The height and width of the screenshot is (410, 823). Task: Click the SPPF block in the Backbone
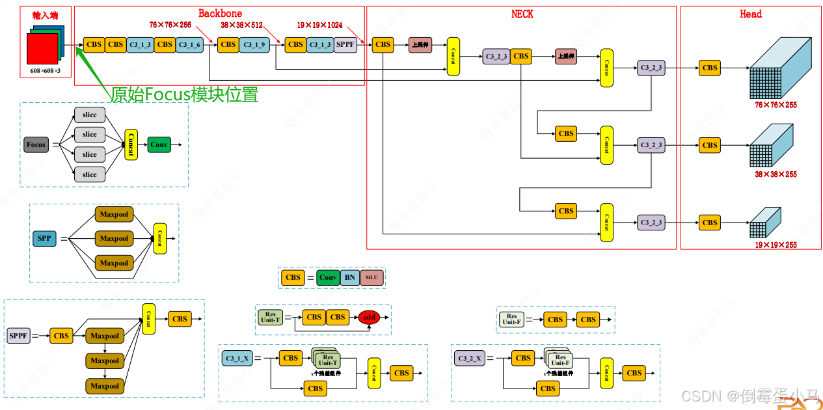[x=346, y=44]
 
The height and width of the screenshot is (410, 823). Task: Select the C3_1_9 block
[x=254, y=44]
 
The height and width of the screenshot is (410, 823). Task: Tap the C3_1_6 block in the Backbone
[x=190, y=44]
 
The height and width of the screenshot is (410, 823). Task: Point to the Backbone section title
[x=220, y=13]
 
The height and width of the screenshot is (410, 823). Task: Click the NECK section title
[x=522, y=14]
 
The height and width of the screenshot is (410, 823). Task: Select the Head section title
[x=750, y=14]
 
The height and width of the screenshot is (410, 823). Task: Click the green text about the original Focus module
[x=184, y=95]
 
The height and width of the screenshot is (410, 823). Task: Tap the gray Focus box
[x=36, y=144]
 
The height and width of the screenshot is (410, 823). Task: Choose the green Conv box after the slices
[x=159, y=144]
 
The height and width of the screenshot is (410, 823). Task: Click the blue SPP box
[x=44, y=238]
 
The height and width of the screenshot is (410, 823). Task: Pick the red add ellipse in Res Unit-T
[x=370, y=317]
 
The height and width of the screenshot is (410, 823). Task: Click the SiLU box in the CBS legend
[x=371, y=277]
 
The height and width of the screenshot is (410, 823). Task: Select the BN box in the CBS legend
[x=350, y=277]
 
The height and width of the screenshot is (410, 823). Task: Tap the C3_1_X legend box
[x=237, y=358]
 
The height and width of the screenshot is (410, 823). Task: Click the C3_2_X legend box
[x=469, y=358]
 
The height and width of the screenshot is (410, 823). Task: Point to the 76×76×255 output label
[x=776, y=105]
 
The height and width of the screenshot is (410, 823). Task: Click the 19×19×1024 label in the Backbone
[x=319, y=25]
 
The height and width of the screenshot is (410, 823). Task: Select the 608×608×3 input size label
[x=46, y=70]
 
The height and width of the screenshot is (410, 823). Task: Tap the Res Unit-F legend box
[x=511, y=320]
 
